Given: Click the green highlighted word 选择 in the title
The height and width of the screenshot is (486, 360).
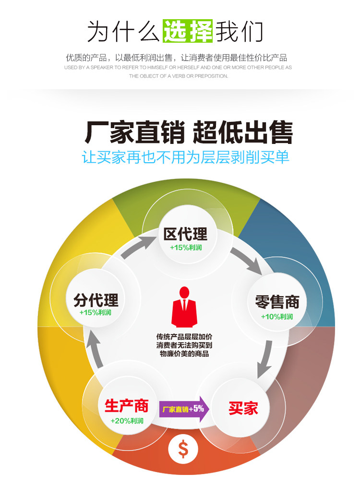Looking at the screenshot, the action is (188, 32).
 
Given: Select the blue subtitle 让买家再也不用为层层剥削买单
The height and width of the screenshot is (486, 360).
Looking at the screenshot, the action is (186, 157).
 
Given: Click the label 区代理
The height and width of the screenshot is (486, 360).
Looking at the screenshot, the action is (185, 234).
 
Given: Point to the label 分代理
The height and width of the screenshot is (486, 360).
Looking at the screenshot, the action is (96, 300).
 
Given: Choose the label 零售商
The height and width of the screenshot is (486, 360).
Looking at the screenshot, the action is (277, 302).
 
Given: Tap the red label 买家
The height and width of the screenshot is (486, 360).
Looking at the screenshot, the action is (243, 408).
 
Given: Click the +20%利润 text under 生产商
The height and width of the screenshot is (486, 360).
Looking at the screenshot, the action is (127, 421).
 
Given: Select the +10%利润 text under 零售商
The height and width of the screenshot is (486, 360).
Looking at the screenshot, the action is (277, 317).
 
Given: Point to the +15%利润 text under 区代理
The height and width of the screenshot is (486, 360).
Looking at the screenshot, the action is (186, 248).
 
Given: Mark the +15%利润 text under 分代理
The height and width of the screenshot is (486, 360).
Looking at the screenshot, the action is (96, 312).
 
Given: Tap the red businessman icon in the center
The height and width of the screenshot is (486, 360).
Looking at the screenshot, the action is (184, 307).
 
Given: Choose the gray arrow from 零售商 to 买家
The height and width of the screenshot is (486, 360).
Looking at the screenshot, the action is (265, 360).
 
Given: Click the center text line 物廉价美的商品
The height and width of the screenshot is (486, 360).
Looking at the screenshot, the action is (184, 354).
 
